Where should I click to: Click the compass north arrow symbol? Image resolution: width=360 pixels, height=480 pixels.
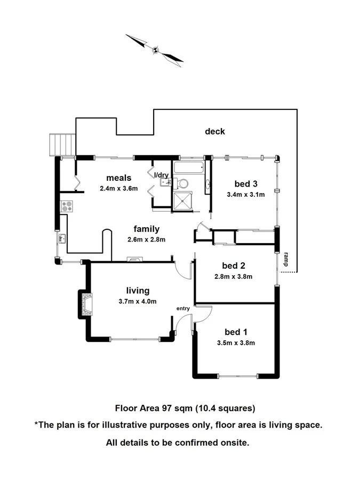point(155,50)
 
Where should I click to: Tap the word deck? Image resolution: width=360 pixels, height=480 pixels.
point(215,131)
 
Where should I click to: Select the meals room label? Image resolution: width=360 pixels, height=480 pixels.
point(118,178)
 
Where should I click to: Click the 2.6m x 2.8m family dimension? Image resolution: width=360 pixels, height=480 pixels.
point(146,239)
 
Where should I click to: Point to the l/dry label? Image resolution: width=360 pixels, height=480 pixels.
point(161,175)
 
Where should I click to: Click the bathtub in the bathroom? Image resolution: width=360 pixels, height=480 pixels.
point(189,169)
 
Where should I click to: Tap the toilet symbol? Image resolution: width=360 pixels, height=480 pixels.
point(183,183)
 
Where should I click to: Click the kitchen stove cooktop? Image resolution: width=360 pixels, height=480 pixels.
point(67,206)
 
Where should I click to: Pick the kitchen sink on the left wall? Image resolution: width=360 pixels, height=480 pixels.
point(62,238)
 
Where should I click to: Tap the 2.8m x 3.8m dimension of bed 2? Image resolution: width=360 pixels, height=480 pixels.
point(233,276)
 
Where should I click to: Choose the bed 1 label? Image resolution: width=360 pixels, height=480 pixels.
point(235,333)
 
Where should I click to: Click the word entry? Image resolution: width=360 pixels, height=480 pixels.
point(183,309)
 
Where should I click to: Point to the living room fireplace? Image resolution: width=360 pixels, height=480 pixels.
point(85,303)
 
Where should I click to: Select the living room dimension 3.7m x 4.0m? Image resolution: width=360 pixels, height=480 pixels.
point(138,301)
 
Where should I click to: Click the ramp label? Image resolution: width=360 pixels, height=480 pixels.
point(286,259)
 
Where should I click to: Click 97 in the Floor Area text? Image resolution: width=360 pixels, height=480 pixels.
point(167,409)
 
